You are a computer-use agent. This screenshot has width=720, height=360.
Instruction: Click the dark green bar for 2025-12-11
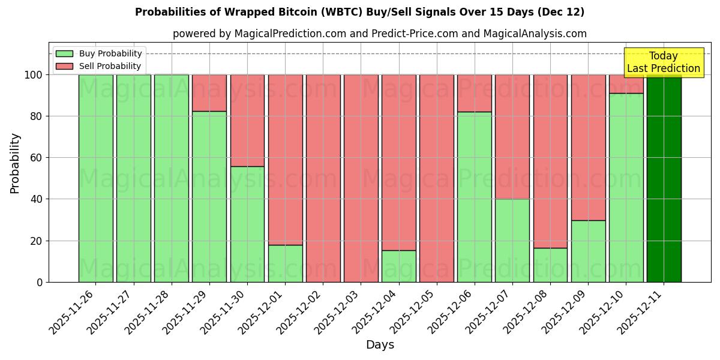click(x=664, y=178)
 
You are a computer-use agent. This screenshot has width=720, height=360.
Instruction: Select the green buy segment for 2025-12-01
click(x=285, y=263)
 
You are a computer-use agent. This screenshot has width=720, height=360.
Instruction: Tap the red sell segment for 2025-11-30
click(x=247, y=120)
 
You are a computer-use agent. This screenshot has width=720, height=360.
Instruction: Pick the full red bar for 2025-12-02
click(x=323, y=178)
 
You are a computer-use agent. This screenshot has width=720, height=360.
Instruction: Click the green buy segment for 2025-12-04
click(x=398, y=266)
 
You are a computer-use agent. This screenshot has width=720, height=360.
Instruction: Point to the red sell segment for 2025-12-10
click(x=626, y=83)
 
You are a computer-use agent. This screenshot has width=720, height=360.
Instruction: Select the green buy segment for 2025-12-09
click(x=588, y=251)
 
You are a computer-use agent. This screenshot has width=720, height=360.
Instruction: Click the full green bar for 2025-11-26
click(x=95, y=178)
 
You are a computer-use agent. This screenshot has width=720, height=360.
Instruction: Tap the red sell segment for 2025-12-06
click(x=474, y=93)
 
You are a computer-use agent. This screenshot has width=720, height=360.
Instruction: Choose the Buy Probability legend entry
click(x=99, y=53)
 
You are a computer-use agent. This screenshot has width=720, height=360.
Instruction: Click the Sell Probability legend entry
click(x=99, y=66)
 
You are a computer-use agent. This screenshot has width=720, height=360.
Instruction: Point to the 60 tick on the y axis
click(x=37, y=158)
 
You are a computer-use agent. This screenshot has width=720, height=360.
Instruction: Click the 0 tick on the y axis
click(x=40, y=282)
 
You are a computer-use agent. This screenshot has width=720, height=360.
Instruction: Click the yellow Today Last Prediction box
click(x=663, y=62)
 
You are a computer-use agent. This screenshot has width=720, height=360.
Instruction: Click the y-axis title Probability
click(x=15, y=163)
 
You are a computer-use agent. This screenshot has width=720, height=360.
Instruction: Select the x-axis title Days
click(x=380, y=345)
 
